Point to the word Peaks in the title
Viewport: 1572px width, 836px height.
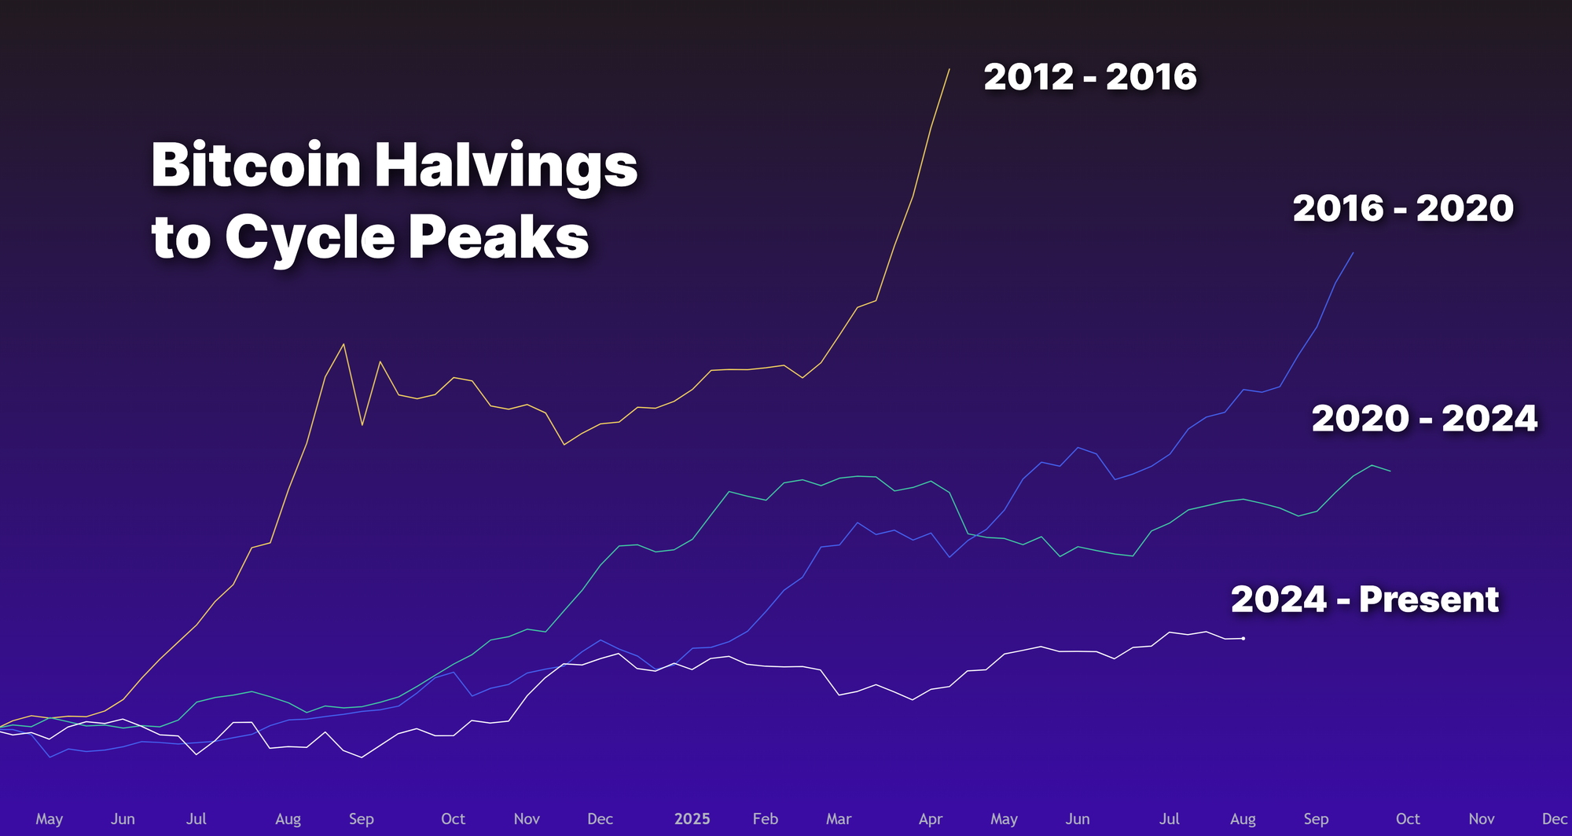[x=498, y=236]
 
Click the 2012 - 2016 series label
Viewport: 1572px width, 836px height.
[x=1090, y=77]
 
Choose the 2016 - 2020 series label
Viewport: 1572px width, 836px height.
[x=1403, y=208]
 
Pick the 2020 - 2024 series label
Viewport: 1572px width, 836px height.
[x=1424, y=418]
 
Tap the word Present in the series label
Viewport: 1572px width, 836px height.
[x=1429, y=599]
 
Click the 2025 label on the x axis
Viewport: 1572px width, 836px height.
[x=692, y=819]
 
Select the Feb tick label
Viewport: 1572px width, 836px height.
[x=765, y=819]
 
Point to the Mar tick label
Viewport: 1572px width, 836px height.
[x=839, y=819]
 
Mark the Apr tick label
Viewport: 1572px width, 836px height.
[x=931, y=819]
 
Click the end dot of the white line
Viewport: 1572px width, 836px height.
[x=1243, y=639]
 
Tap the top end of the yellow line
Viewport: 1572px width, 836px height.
[x=949, y=69]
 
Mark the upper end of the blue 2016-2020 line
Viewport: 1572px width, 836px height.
[x=1353, y=253]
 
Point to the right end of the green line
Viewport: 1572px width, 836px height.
[x=1390, y=471]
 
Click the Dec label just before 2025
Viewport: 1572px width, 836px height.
[x=600, y=819]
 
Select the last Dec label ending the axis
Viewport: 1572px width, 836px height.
[x=1554, y=819]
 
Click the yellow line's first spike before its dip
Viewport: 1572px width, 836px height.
[x=343, y=344]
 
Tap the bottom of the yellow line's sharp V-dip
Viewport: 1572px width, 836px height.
[x=362, y=425]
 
